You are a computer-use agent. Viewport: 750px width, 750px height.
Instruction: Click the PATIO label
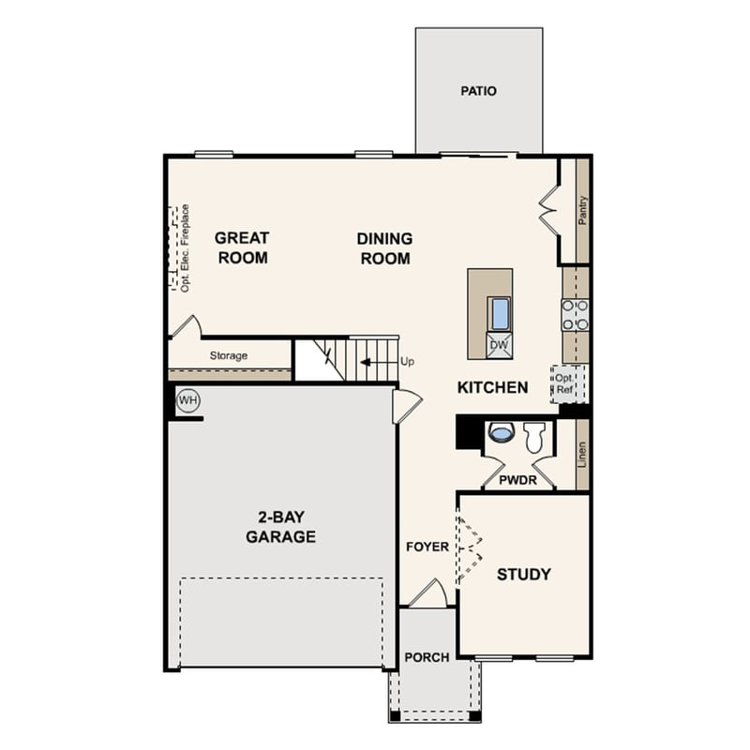478,92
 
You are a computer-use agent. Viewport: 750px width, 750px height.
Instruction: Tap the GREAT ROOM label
243,247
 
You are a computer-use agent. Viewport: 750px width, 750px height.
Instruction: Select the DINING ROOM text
384,248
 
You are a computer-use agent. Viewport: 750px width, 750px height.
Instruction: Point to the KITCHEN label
492,387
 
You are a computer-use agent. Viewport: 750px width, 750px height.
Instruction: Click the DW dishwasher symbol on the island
500,345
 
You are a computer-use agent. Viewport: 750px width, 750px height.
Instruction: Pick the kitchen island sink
500,313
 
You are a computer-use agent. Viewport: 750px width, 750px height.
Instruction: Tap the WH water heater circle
188,401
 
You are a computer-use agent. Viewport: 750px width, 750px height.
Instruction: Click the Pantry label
583,210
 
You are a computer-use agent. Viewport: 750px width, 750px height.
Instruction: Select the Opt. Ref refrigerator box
568,383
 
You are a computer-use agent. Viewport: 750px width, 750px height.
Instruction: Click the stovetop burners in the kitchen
575,315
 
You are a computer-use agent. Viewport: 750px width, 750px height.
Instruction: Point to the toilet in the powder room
534,436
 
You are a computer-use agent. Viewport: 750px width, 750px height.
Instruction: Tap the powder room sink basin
502,433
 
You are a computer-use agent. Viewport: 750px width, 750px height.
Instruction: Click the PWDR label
517,478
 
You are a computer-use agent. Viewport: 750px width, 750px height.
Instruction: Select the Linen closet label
582,456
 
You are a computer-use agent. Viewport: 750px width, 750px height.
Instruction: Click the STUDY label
523,575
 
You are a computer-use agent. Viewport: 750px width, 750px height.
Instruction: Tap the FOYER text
427,547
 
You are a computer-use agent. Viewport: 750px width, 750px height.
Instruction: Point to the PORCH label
427,657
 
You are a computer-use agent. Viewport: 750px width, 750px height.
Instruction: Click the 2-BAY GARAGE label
280,527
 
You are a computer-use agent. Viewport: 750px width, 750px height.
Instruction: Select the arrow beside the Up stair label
379,361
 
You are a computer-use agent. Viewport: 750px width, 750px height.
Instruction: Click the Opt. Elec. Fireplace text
186,247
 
